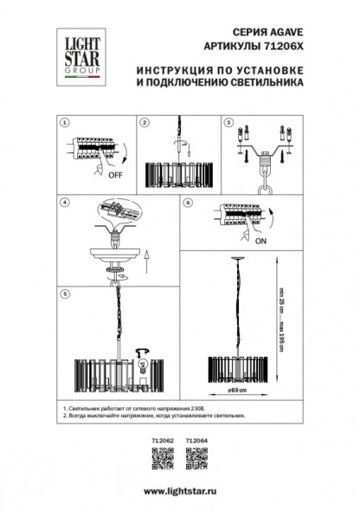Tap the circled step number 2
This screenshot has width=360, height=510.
(x=145, y=123)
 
